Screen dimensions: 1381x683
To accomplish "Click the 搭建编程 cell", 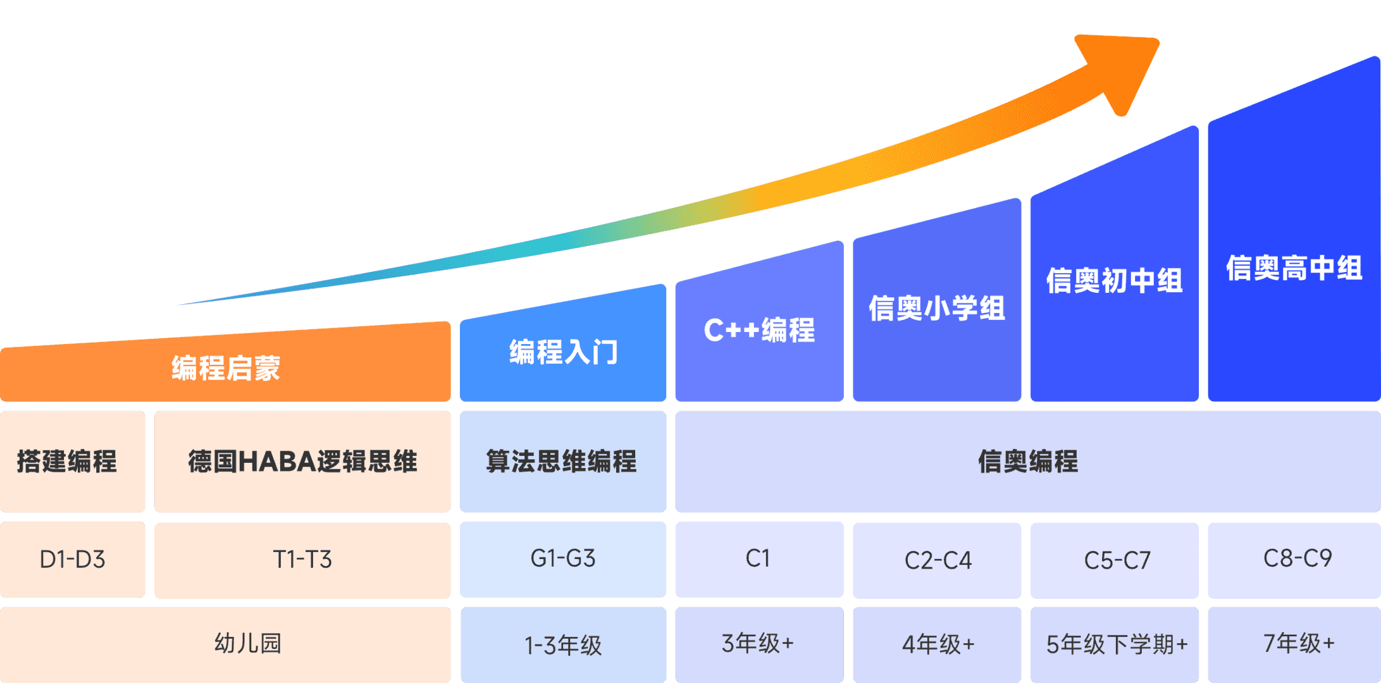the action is point(72,462).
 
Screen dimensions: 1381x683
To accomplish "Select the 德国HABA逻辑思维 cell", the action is point(302,462).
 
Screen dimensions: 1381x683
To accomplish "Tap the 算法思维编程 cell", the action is point(563,462).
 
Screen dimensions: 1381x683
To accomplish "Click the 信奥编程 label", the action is point(1028,462).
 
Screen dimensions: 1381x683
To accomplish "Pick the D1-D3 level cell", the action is point(72,560).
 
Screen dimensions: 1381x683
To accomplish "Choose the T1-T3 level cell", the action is point(302,560).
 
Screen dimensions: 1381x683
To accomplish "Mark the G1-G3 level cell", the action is point(563,560).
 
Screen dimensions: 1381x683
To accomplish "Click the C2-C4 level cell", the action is point(937,560).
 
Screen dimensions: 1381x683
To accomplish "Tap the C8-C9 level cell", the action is point(1294,560).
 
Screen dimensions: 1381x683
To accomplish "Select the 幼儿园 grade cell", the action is point(225,644).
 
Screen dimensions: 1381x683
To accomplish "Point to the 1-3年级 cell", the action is point(563,644).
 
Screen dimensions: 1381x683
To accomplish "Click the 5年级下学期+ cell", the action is point(1115,644).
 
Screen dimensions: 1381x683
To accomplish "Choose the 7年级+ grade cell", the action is point(1294,644).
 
